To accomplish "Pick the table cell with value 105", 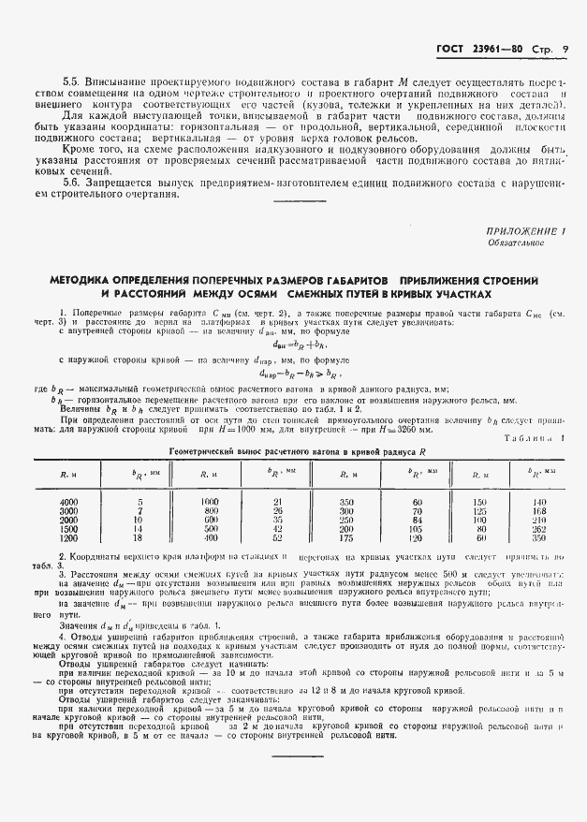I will (418, 529).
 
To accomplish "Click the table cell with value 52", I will (277, 538).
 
